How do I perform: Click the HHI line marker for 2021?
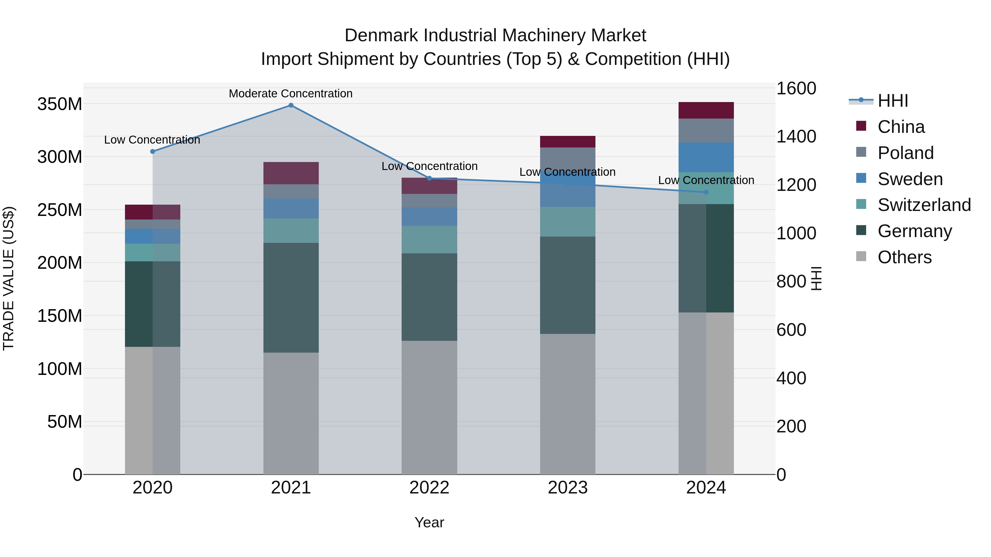click(291, 105)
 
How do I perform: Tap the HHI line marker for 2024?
click(706, 192)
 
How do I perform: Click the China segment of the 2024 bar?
click(706, 110)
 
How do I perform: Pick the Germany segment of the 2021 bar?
click(291, 298)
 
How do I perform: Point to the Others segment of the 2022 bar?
click(429, 407)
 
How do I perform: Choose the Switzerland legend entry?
click(924, 205)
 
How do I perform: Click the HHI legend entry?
click(892, 101)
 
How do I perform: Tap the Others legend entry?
click(904, 257)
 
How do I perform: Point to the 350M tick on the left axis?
click(60, 104)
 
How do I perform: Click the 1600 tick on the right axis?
click(796, 88)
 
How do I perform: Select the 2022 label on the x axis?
click(429, 488)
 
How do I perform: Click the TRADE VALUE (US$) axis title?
click(9, 278)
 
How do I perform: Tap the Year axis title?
click(429, 522)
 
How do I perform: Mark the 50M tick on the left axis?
click(65, 422)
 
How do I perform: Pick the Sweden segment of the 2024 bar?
click(706, 157)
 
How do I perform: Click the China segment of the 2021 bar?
click(291, 173)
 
